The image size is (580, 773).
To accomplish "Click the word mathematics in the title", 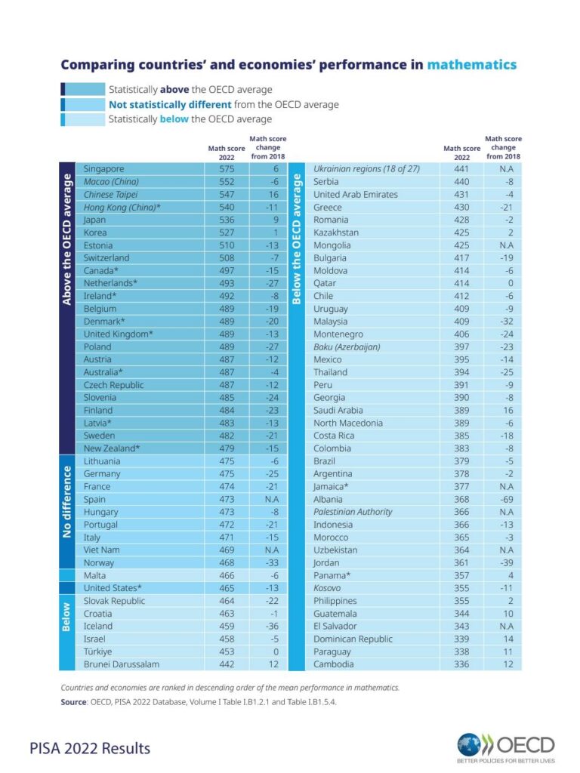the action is tap(471, 65).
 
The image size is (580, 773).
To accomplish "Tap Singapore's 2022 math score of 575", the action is tap(227, 168).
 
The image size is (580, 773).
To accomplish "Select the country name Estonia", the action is tap(98, 245).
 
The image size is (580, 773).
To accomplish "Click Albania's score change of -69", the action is tap(507, 499).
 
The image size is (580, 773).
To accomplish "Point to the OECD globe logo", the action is tap(468, 744).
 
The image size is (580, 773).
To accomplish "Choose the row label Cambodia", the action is tap(333, 664).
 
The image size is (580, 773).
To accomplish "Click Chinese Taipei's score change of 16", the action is tap(273, 194).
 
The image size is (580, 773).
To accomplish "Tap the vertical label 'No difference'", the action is tap(66, 501).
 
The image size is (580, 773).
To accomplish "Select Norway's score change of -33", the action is tap(272, 562).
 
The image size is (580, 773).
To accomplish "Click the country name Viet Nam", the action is tap(102, 550).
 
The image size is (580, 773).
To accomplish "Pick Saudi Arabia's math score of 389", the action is tap(461, 410).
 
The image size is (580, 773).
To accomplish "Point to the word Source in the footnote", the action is tap(73, 702).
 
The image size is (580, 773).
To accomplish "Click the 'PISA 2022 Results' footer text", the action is tap(90, 748).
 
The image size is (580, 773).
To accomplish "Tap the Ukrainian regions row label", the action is tap(366, 168).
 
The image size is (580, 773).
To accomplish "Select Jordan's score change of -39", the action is tap(507, 562).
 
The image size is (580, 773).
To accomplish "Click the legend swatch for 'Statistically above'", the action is tap(83, 89).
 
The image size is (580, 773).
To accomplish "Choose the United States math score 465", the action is tap(227, 588).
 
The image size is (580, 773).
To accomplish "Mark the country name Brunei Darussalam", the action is tap(122, 664).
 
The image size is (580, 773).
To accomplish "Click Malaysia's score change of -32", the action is tap(507, 322).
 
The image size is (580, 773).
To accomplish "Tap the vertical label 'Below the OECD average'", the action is tap(296, 239).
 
